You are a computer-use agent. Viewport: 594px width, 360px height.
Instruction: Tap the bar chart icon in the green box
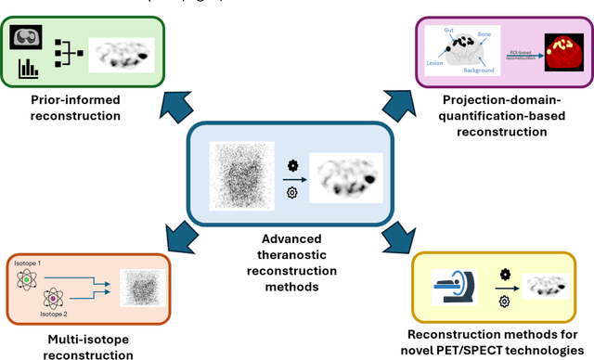tap(27, 66)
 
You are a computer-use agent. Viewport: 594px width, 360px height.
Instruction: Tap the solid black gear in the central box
tap(292, 164)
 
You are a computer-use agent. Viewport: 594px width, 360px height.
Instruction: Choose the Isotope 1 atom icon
tap(29, 277)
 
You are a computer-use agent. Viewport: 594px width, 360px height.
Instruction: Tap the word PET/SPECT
tap(488, 351)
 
